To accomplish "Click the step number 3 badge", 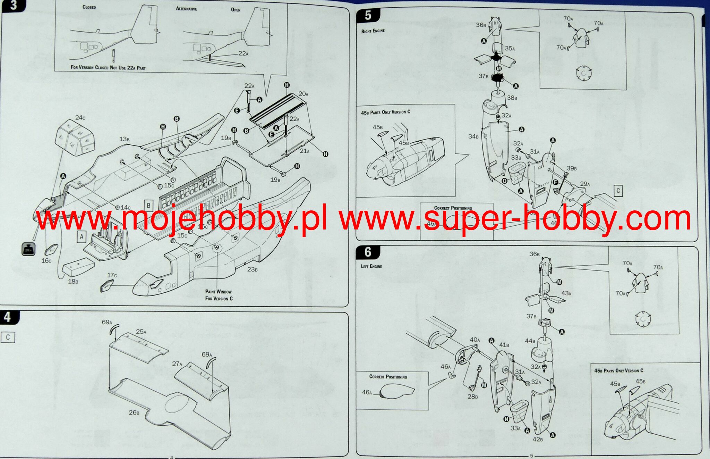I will click(x=13, y=6).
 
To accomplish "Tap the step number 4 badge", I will click(x=8, y=317).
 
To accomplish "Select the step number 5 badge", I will click(x=368, y=16).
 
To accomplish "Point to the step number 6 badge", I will click(x=368, y=252).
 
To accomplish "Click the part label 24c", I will click(x=80, y=118).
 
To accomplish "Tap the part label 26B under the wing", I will click(x=134, y=412).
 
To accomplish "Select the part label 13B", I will click(x=125, y=139).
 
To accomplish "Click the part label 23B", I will click(x=252, y=269).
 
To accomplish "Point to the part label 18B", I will click(x=73, y=281).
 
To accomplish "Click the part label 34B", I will click(x=473, y=136).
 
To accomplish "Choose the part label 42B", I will click(x=537, y=439).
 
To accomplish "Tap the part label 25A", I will click(x=141, y=332).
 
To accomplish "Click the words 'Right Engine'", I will click(x=373, y=31).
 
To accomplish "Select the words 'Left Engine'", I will click(x=371, y=266).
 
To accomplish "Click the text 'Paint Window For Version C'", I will click(x=218, y=295).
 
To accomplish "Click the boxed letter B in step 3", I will click(x=148, y=205).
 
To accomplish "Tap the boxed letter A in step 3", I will click(x=82, y=237).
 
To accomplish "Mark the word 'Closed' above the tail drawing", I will click(x=89, y=7).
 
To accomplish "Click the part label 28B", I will click(x=472, y=396).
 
